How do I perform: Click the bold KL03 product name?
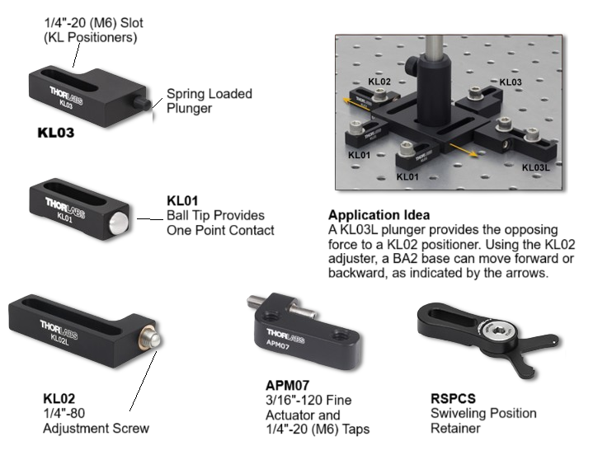point(56,133)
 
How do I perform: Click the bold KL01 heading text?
point(182,201)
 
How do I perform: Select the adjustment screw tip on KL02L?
point(152,340)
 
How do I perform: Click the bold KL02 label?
point(59,398)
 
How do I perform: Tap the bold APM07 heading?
point(287,386)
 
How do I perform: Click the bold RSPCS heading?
point(454,398)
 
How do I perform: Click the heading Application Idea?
point(379,215)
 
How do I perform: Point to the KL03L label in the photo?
point(535,167)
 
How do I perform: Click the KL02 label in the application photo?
point(379,82)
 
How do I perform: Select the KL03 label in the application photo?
point(511,82)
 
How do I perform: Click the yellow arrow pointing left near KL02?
point(357,104)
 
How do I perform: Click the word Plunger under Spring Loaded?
point(190,108)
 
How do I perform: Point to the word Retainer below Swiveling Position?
point(455,429)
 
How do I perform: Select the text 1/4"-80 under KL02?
point(64,413)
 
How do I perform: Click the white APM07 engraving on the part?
point(278,344)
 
